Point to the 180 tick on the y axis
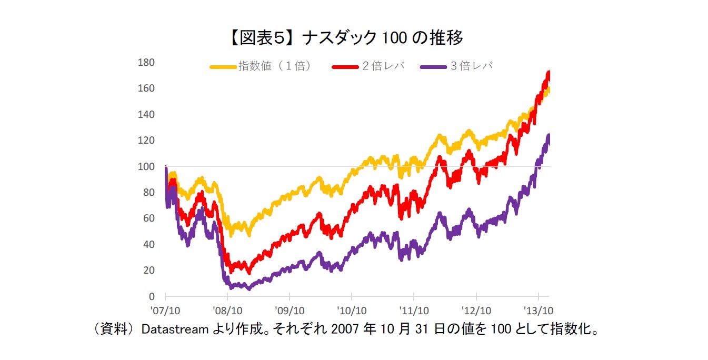[x=146, y=63]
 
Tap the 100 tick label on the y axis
[x=146, y=166]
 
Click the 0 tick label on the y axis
[x=151, y=296]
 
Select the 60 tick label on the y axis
[x=148, y=218]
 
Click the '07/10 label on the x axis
[x=165, y=310]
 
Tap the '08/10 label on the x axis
[x=227, y=310]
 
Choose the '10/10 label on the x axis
[x=352, y=310]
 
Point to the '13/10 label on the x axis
[x=538, y=310]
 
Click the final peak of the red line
[x=549, y=72]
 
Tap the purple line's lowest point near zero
[x=248, y=288]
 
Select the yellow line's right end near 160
[x=549, y=91]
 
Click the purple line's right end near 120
[x=549, y=136]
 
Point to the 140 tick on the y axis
[x=146, y=114]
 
